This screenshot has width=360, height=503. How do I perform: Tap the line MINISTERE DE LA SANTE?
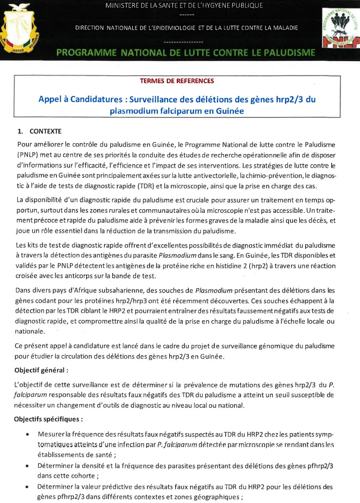184,6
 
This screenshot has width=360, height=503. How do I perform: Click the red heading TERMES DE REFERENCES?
177,81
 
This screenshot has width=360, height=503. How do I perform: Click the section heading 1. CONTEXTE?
40,131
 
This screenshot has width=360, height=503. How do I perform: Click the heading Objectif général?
41,370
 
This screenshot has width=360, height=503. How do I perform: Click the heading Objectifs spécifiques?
48,419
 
